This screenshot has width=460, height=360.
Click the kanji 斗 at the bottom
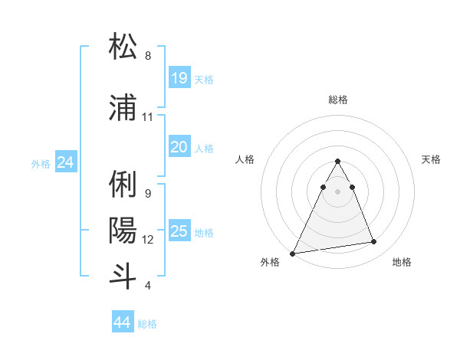coord(123,275)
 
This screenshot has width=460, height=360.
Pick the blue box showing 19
coord(179,78)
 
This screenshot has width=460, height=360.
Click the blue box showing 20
coord(179,147)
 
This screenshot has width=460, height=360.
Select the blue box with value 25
coord(179,231)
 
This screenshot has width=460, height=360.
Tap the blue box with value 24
coord(66,162)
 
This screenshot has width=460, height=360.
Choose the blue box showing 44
coord(123,323)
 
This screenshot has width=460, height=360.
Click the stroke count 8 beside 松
coord(148,56)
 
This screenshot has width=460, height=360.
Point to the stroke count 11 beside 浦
coord(148,117)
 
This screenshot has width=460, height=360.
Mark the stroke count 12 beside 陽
coord(148,240)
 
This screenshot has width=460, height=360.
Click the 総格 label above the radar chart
coord(338,100)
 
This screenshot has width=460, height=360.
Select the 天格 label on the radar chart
coord(432,159)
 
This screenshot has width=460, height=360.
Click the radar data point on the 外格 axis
coord(292,253)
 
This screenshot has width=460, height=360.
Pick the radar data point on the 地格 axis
coord(373,242)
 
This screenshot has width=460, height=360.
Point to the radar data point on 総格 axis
coord(337,162)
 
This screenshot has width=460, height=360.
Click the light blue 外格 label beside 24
coord(41,163)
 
